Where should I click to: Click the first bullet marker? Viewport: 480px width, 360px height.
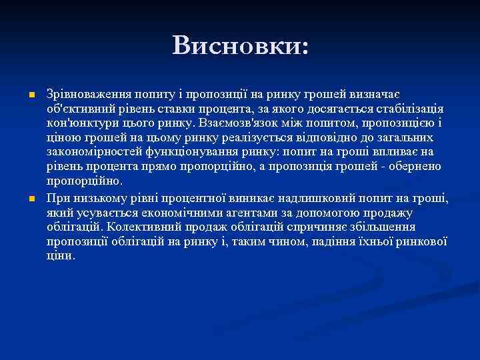(x=31, y=97)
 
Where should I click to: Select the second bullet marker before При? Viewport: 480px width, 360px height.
(x=31, y=199)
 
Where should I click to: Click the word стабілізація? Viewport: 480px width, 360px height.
(x=408, y=109)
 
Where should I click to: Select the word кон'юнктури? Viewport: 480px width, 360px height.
(x=78, y=123)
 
